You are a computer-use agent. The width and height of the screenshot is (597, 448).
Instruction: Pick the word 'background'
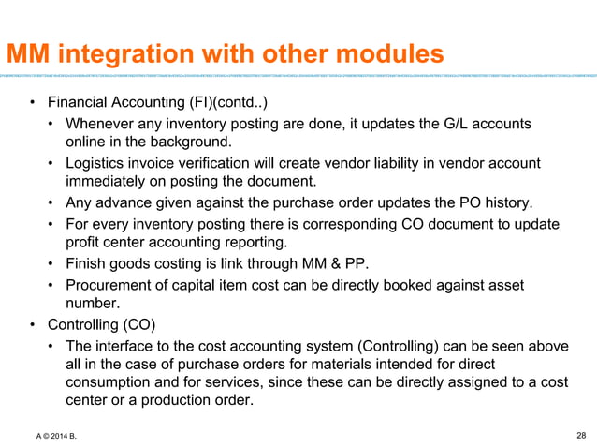[x=190, y=142]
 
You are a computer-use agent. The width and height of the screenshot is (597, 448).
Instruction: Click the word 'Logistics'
[x=96, y=164]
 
